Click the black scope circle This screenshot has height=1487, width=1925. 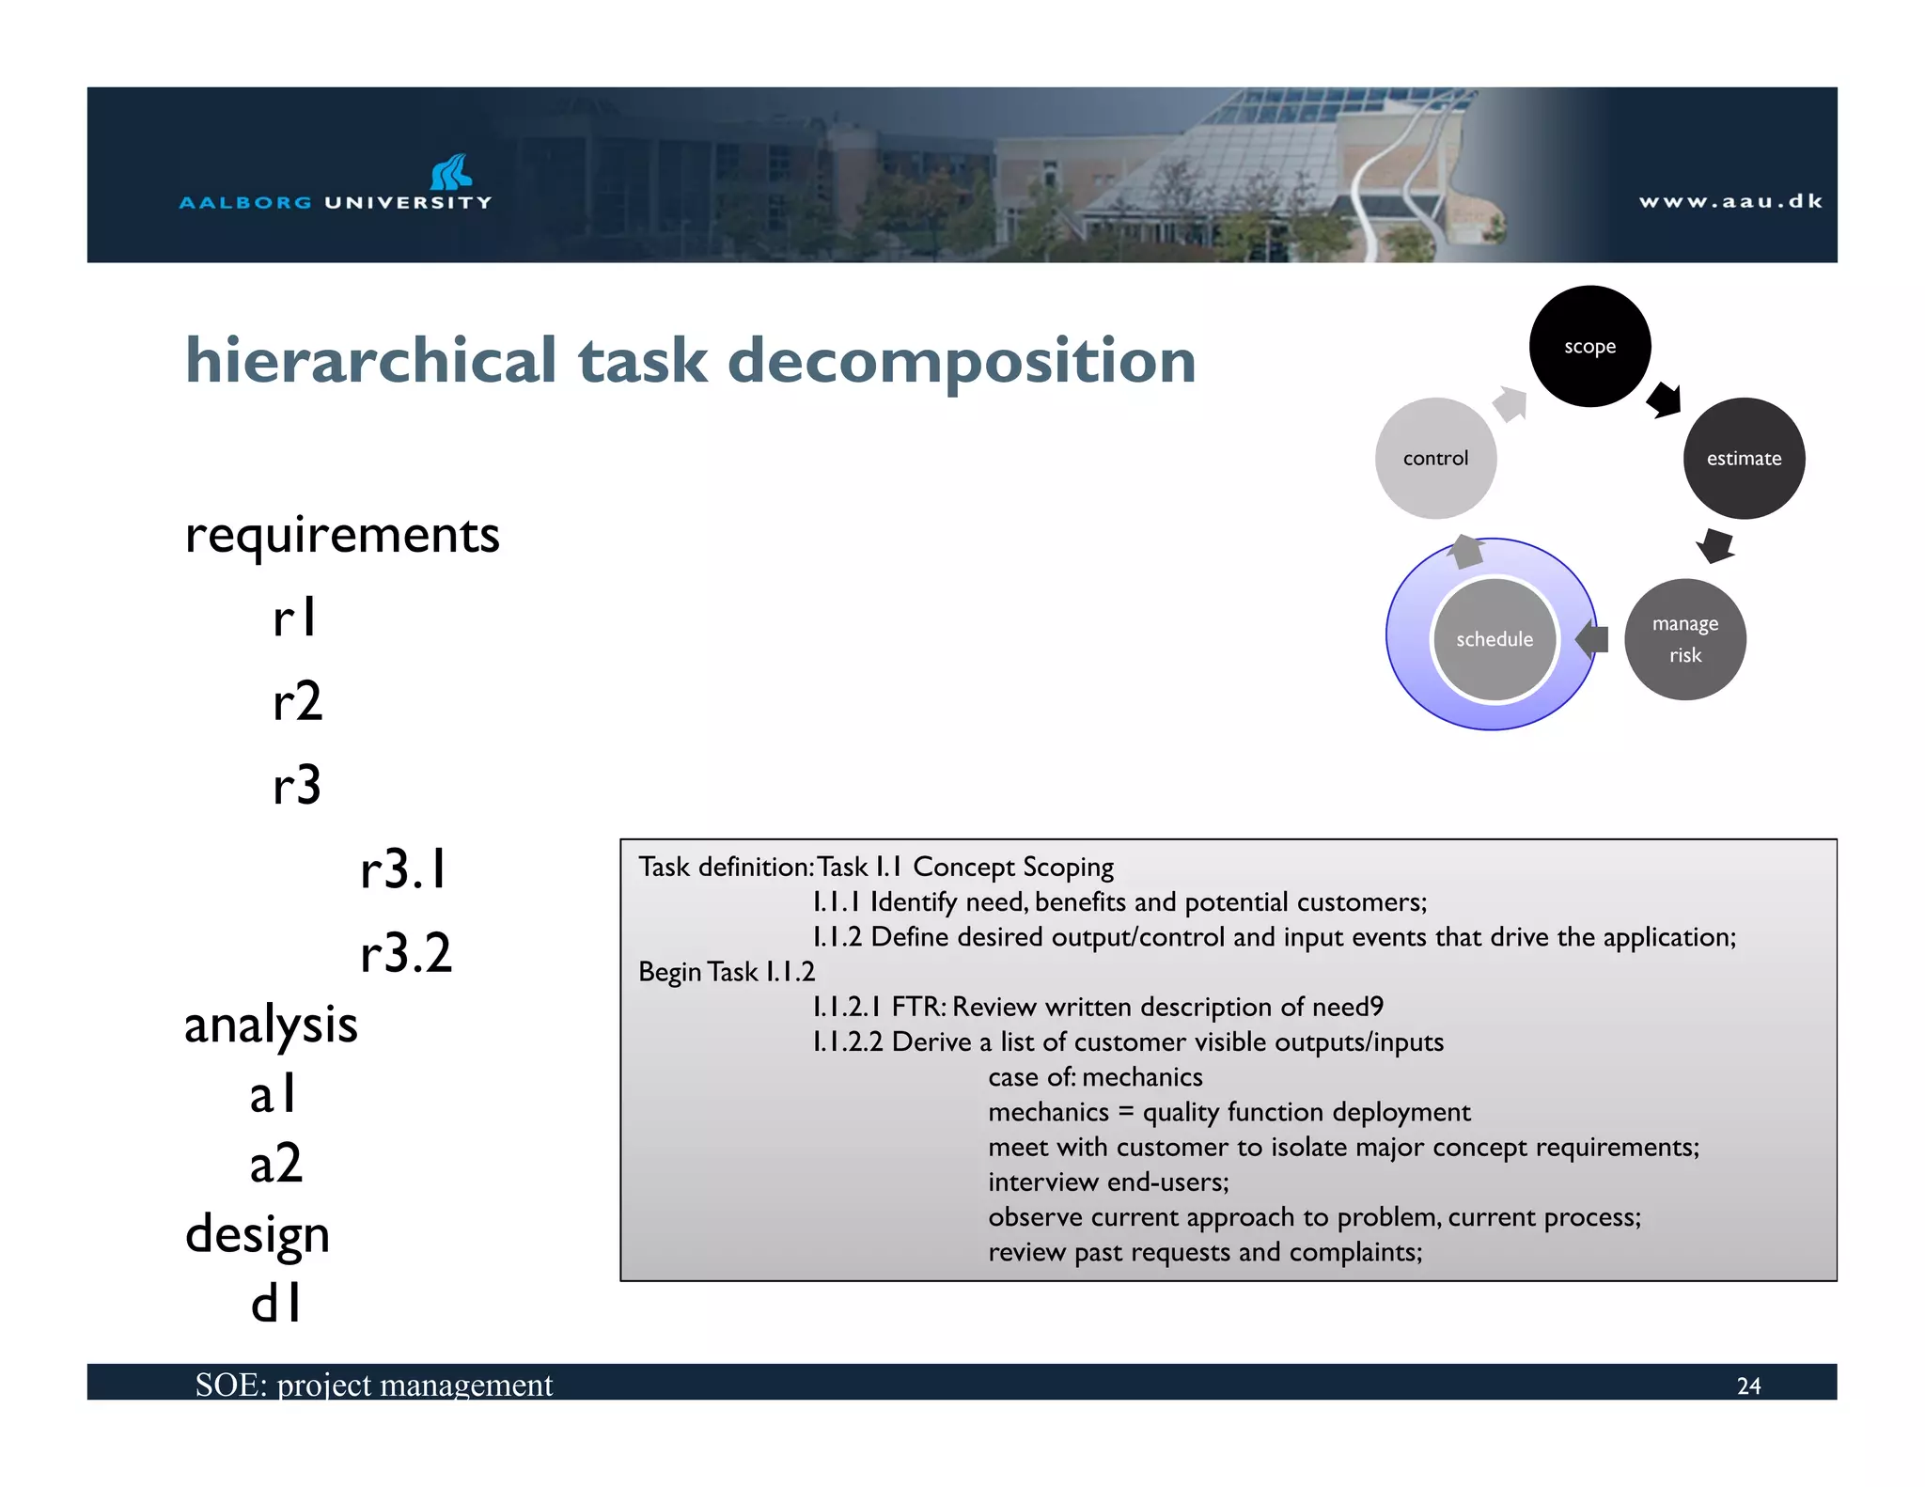[1589, 346]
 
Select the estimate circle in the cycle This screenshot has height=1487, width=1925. [1744, 458]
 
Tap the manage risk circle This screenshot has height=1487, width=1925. [1684, 639]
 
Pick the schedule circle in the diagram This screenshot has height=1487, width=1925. [1494, 639]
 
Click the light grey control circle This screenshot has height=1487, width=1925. [1435, 458]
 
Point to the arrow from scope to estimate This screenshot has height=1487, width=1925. [1665, 399]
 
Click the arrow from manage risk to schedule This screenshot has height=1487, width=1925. [1591, 639]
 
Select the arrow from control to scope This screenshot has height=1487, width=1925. [1510, 404]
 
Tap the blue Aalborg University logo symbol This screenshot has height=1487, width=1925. [451, 172]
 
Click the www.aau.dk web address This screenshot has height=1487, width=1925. [1730, 201]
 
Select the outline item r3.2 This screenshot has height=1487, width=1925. [406, 952]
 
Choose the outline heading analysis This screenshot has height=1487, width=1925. [271, 1025]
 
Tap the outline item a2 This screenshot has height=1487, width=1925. [275, 1164]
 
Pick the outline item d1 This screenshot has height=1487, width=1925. [275, 1304]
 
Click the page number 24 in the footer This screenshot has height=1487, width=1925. [1748, 1385]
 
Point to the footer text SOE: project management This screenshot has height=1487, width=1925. [373, 1385]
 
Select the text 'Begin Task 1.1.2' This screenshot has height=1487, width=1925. [727, 972]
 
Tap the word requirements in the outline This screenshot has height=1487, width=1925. [342, 536]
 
